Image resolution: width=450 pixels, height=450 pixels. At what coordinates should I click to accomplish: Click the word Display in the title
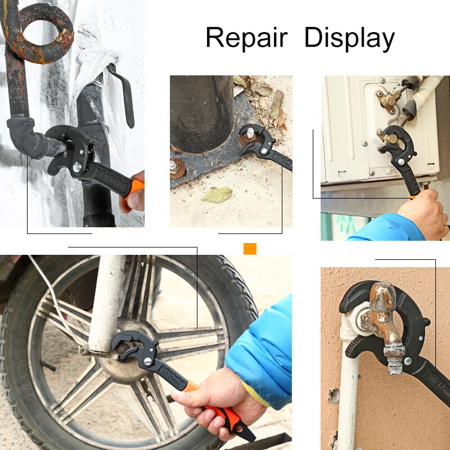click(349, 39)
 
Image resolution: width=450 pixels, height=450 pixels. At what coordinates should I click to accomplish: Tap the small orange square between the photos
click(250, 249)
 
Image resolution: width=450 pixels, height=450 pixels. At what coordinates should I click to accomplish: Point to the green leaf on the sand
click(217, 195)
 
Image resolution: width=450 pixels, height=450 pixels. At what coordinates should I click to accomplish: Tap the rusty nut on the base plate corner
click(178, 167)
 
